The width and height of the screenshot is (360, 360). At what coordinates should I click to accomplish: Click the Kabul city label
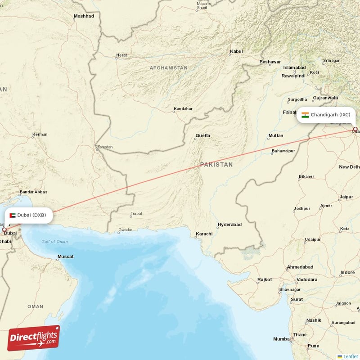click(x=236, y=52)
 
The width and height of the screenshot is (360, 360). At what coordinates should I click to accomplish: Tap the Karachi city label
click(x=204, y=234)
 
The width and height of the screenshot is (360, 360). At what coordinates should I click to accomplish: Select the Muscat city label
click(x=65, y=256)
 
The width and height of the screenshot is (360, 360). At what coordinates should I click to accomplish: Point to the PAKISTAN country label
click(x=216, y=165)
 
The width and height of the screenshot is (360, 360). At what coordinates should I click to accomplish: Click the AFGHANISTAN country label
click(x=169, y=68)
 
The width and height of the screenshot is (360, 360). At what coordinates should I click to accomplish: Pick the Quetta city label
click(x=202, y=135)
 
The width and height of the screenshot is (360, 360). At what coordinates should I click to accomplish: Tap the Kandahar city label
click(x=183, y=109)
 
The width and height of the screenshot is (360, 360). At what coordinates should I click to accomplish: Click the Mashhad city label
click(x=84, y=16)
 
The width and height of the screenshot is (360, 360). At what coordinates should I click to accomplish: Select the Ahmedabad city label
click(x=300, y=267)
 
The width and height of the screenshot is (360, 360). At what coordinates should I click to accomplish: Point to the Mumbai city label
click(x=282, y=339)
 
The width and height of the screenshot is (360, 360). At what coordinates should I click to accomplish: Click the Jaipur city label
click(x=346, y=197)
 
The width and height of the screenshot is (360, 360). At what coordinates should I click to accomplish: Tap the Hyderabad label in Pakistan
click(x=229, y=225)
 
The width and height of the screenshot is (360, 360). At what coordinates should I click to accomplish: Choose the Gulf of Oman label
click(x=54, y=242)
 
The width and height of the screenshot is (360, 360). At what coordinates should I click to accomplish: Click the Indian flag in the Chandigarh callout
click(x=305, y=115)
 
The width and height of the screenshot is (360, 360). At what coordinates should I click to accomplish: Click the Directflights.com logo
click(x=34, y=338)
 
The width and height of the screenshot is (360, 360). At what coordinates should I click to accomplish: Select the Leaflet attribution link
click(x=350, y=356)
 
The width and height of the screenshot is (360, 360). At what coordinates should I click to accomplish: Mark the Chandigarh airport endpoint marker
click(x=355, y=130)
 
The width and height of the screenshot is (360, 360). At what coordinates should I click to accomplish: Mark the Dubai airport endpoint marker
click(x=4, y=229)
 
